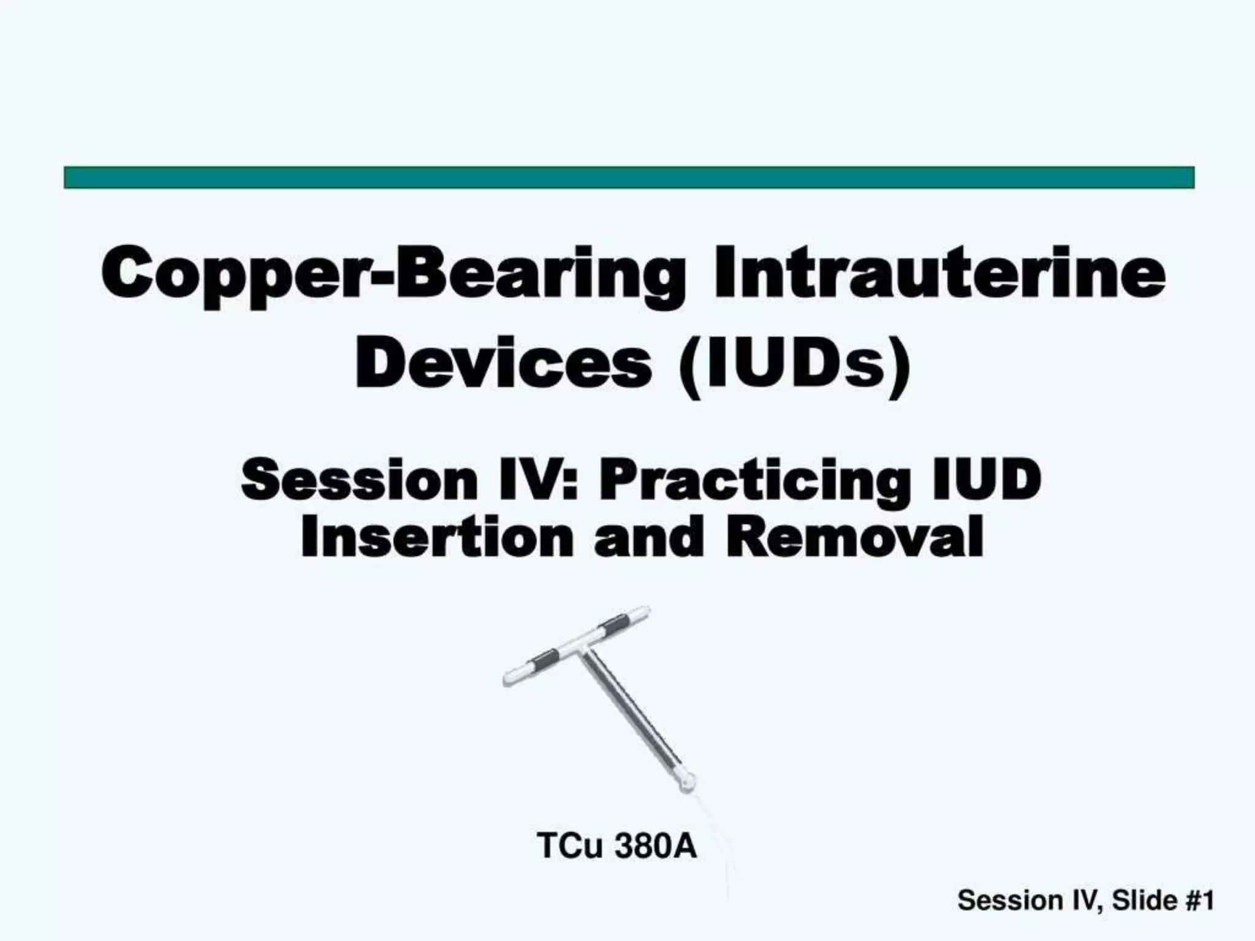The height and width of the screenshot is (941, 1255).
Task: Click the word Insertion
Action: point(437,537)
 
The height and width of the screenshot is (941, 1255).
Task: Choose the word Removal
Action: point(855,537)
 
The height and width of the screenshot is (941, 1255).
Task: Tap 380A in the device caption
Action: point(656,846)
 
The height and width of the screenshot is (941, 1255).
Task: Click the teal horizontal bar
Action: point(629,177)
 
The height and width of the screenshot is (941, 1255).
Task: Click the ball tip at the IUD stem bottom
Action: point(688,781)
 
